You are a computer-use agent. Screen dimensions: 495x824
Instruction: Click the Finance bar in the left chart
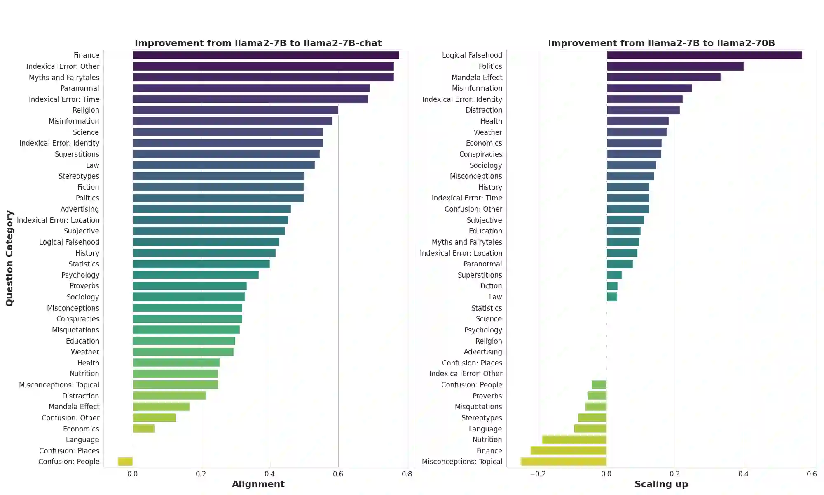tap(266, 55)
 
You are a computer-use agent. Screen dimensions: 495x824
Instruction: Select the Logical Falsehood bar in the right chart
tap(704, 55)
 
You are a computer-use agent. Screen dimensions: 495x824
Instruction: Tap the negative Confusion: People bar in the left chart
tap(125, 462)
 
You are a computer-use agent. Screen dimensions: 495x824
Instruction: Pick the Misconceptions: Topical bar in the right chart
tap(564, 462)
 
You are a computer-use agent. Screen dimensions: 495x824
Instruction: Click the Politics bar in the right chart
tap(675, 66)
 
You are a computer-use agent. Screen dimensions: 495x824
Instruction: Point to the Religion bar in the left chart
tap(235, 110)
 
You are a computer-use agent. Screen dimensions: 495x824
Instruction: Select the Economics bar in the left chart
tap(143, 429)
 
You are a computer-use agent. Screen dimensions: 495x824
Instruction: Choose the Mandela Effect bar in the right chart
tap(663, 77)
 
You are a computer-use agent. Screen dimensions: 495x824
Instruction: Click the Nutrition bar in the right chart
tap(574, 440)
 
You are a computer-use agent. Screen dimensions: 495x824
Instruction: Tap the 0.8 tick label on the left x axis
tap(407, 474)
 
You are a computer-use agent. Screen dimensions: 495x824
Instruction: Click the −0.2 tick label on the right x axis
tap(537, 474)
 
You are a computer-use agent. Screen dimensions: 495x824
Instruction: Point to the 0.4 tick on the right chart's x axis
tap(743, 474)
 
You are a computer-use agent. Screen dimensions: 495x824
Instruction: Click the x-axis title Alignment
tap(258, 484)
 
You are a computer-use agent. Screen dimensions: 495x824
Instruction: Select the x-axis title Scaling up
tap(661, 484)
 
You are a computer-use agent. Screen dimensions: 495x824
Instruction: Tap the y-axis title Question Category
tap(9, 258)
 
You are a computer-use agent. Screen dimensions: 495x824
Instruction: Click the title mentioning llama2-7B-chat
tap(258, 43)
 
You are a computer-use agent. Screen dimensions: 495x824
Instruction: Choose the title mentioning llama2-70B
tap(661, 43)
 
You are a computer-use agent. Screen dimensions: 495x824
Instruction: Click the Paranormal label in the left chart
tap(80, 88)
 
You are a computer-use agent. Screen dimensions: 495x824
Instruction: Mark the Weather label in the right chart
tap(488, 132)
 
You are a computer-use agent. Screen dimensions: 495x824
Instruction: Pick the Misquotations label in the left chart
tap(75, 330)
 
